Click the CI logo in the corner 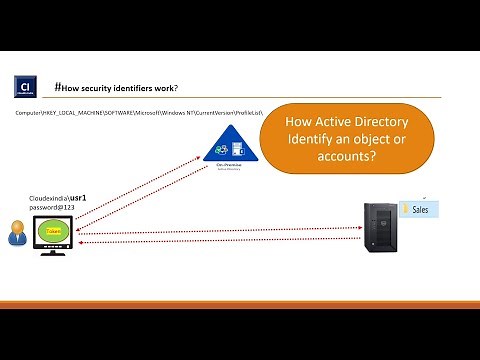click(x=27, y=86)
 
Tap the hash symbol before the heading click(x=60, y=87)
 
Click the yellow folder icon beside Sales click(x=405, y=210)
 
